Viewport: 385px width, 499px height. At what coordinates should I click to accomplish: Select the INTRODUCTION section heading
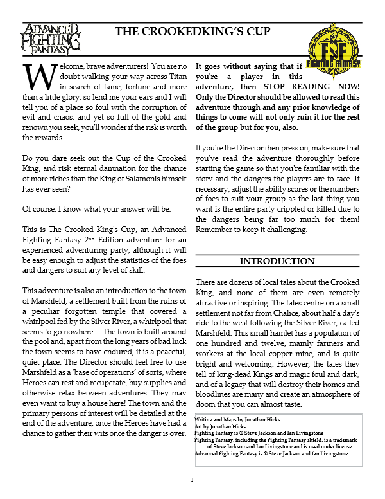277,262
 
